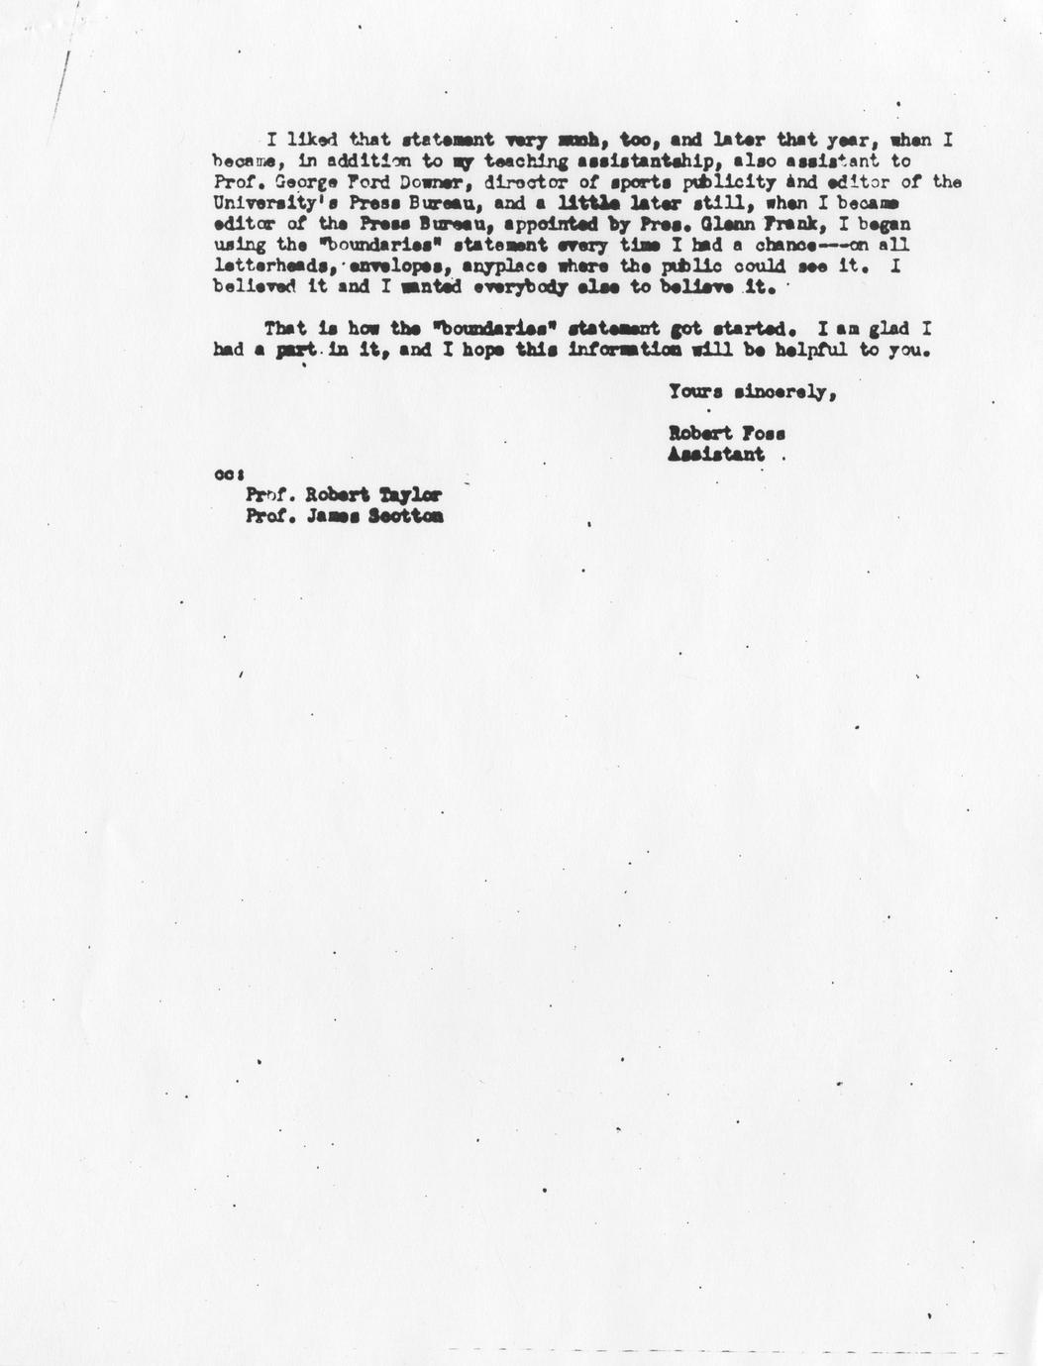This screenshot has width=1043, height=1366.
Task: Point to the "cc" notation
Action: (x=223, y=474)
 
